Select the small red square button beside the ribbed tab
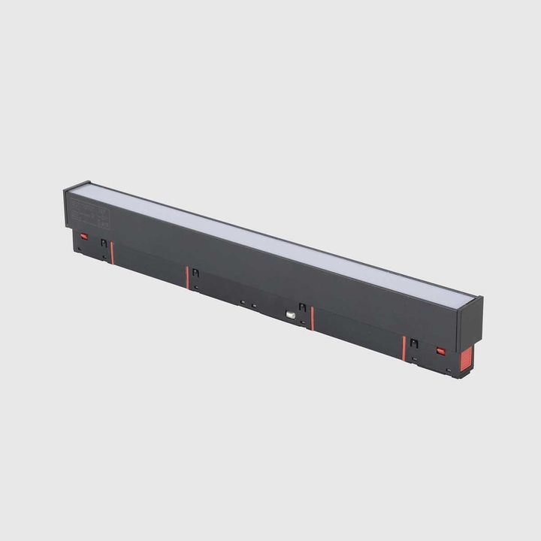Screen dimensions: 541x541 tap(441, 351)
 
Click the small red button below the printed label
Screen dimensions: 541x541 tap(84, 236)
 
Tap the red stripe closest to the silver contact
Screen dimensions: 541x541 tap(313, 318)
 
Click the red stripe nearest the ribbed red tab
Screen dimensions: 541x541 tap(403, 348)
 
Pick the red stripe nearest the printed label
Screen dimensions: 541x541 tap(112, 252)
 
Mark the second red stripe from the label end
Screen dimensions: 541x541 tap(187, 277)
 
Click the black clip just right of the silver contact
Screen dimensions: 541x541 tap(302, 307)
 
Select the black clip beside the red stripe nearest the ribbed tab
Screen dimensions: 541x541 tap(414, 344)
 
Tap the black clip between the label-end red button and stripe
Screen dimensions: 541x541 tap(104, 243)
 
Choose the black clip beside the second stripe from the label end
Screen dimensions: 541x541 tap(195, 274)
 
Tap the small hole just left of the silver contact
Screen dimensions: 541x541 tap(254, 306)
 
